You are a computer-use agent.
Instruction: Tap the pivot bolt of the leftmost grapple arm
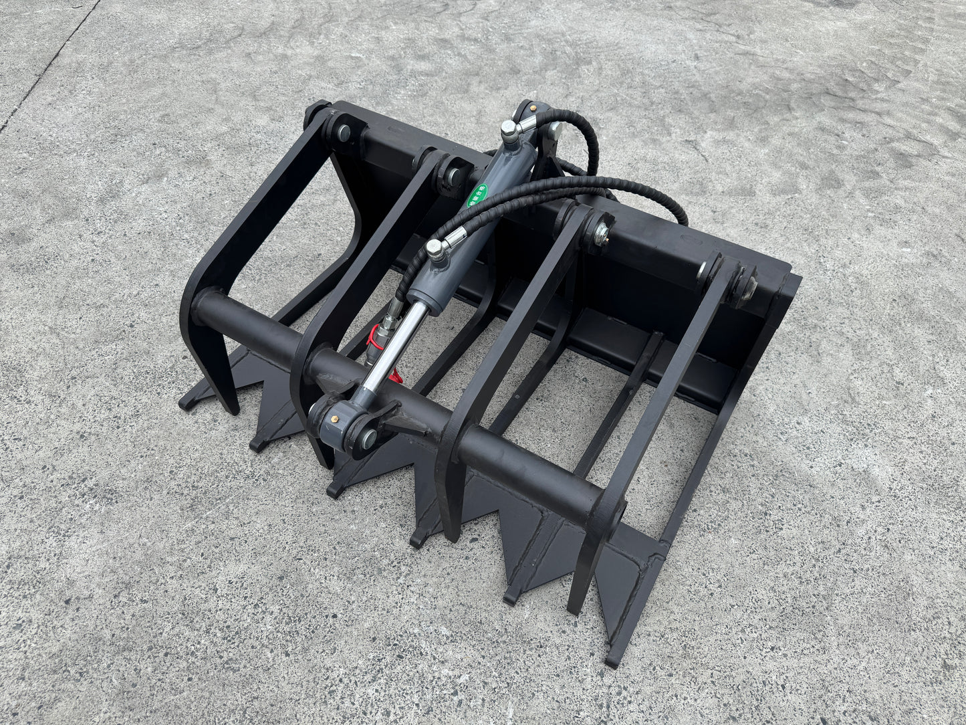(x=343, y=132)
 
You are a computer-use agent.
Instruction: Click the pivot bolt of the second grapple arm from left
(x=454, y=176)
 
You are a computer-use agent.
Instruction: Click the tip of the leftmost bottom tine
(x=185, y=404)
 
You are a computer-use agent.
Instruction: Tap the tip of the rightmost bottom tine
(x=611, y=662)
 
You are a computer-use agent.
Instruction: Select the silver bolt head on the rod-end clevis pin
(x=368, y=439)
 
